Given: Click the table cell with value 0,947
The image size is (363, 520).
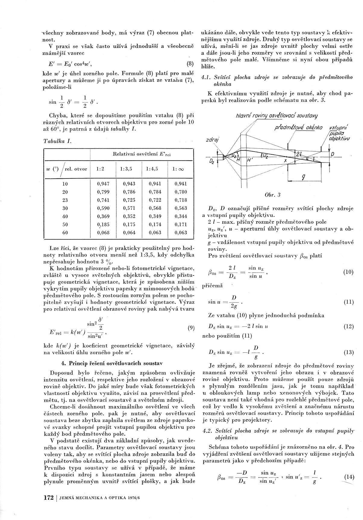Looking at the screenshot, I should (103, 184).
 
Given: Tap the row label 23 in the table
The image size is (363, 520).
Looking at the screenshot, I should (65, 200).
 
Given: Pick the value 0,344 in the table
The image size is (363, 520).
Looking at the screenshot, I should (181, 216).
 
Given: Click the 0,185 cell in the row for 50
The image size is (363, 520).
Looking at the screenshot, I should (103, 225).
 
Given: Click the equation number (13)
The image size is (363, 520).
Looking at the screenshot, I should (349, 352).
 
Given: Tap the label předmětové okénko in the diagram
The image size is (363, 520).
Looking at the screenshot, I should (298, 128).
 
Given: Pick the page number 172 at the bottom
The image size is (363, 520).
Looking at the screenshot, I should (49, 497).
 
